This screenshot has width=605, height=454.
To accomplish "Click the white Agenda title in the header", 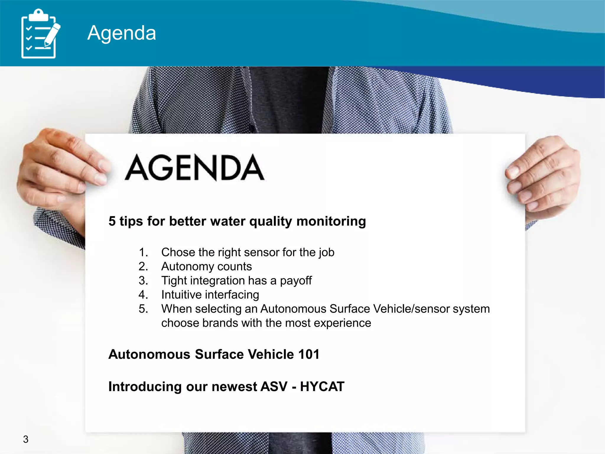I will (x=121, y=33).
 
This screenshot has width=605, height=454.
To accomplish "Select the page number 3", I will (x=26, y=439).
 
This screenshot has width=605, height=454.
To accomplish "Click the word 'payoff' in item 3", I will (x=296, y=281).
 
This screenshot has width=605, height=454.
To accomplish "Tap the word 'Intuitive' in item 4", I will (x=180, y=295).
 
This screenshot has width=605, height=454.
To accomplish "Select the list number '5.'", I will (x=143, y=309).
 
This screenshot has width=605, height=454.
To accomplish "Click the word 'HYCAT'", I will (x=322, y=387).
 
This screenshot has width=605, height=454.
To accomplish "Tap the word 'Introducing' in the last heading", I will (x=145, y=387).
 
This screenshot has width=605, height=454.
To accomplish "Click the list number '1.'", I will (x=143, y=252).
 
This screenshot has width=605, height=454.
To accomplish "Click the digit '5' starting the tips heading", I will (x=112, y=221).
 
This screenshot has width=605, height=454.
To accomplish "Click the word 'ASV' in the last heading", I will (x=274, y=387).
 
